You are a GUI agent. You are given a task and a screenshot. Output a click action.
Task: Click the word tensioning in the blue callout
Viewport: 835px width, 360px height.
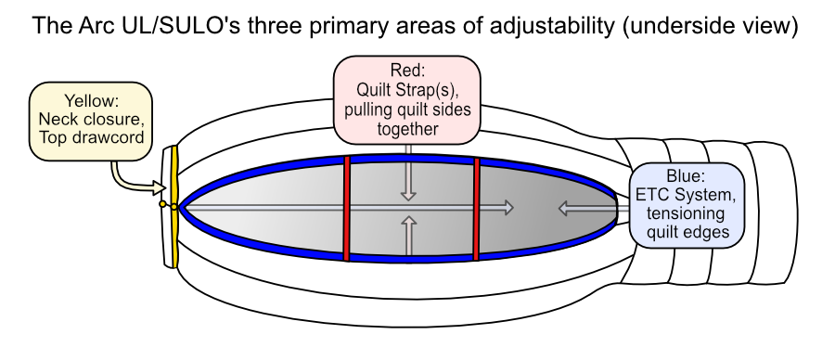pos(686,213)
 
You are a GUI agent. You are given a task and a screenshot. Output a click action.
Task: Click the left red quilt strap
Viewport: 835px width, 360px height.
pos(346,209)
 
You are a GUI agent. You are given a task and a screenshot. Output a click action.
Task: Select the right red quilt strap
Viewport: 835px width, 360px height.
pos(476,209)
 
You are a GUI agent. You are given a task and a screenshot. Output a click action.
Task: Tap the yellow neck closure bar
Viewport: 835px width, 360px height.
pos(174,206)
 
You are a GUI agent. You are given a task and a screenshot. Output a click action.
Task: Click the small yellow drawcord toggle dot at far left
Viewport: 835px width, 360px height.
pos(162,204)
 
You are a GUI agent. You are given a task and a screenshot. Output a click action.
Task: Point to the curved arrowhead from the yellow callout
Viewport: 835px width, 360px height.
pos(159,187)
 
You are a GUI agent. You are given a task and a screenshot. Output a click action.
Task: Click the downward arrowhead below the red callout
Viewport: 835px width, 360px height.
pos(408,194)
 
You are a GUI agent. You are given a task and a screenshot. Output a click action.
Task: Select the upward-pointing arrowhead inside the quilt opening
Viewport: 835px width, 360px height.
pos(408,222)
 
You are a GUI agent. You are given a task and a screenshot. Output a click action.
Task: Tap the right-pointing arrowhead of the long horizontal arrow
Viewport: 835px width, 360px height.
pos(507,208)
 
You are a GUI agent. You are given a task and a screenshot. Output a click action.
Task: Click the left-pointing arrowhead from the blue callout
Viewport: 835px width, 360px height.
pos(566,208)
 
